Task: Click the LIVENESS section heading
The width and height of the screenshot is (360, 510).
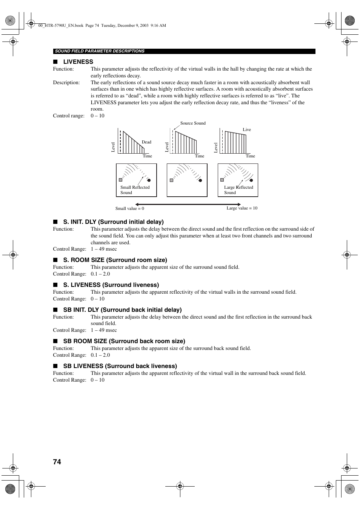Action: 78,62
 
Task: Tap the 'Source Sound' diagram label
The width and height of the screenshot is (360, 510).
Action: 193,123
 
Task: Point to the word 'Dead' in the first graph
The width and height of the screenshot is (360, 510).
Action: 146,142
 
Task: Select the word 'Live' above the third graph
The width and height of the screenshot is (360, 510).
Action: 247,129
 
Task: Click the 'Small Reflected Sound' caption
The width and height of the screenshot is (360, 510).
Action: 135,190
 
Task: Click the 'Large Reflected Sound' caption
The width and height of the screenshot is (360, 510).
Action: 238,190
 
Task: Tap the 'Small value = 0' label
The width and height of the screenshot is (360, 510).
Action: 130,208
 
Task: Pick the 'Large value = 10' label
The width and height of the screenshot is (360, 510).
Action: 242,208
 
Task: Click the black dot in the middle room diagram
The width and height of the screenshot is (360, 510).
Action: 200,180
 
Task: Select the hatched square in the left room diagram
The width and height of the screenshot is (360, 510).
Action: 120,180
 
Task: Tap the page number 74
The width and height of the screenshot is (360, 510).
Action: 57,462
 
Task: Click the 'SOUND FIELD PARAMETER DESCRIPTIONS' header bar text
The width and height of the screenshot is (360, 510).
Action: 100,51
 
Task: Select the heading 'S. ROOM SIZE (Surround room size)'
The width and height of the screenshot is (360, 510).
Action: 115,260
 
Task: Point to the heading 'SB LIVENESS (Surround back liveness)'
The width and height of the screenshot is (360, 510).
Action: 120,366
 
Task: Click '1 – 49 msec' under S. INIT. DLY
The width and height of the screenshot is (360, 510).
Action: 104,249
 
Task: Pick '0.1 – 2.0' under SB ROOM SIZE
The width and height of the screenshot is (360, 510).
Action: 100,355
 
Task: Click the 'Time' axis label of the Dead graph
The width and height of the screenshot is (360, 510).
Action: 147,156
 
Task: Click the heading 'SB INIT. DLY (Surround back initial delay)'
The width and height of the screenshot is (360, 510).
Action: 122,310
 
